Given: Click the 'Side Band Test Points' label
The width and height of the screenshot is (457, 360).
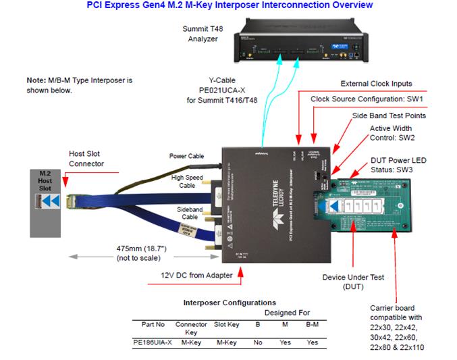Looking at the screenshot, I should coord(389,115).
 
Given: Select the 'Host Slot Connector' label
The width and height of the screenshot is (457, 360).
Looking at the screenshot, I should coord(86,159).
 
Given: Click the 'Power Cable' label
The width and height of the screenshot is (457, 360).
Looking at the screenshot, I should coord(186,157).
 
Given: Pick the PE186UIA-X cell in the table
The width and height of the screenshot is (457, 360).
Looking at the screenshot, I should coord(153,342).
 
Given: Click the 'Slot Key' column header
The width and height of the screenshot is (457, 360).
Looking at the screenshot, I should coord(226,325).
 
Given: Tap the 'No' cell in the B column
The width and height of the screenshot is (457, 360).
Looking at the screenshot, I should coord(258,342).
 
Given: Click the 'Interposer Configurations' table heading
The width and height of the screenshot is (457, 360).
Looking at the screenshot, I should coord(230,303).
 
